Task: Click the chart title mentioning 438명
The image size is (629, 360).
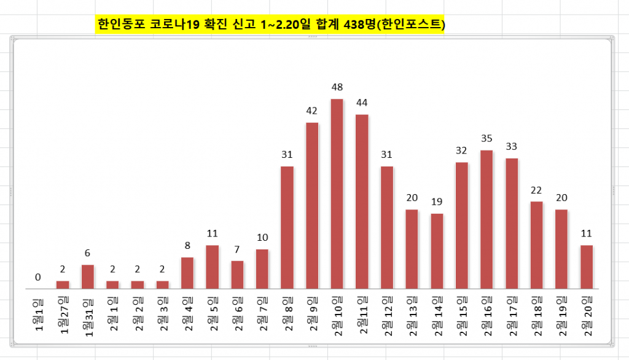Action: click(x=270, y=25)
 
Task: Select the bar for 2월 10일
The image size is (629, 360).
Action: click(x=337, y=194)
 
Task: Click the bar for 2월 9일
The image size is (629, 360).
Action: click(x=312, y=205)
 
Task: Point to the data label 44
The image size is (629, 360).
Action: click(x=362, y=102)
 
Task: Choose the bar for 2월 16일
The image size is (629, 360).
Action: click(x=486, y=219)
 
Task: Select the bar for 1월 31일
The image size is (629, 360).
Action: click(x=88, y=276)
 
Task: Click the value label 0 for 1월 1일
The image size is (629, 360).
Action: click(x=38, y=277)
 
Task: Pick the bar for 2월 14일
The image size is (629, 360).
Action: click(x=437, y=251)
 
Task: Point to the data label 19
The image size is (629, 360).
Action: click(x=437, y=202)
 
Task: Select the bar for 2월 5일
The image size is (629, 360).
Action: click(x=213, y=267)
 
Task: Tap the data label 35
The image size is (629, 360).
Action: click(x=486, y=138)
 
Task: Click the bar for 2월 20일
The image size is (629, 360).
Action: click(x=587, y=267)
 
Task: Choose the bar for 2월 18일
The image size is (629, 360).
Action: click(x=537, y=245)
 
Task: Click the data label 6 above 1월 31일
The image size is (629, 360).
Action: click(x=88, y=253)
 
